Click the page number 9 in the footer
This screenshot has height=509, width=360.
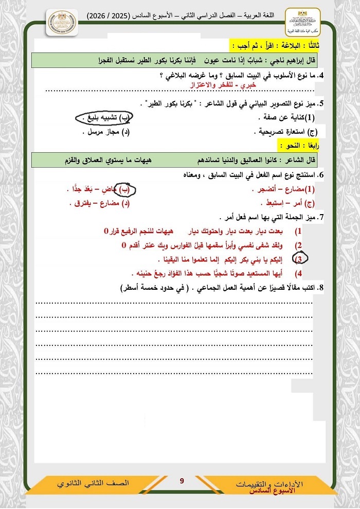(182, 481)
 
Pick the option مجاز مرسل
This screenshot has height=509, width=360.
(102, 132)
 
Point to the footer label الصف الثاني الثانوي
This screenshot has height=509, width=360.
(93, 484)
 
